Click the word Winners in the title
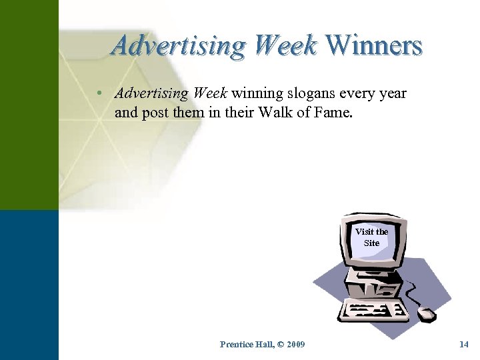[375, 45]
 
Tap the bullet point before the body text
[99, 93]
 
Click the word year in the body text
[392, 93]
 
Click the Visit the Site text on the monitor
[371, 237]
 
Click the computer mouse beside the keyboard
[426, 313]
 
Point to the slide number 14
[464, 344]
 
